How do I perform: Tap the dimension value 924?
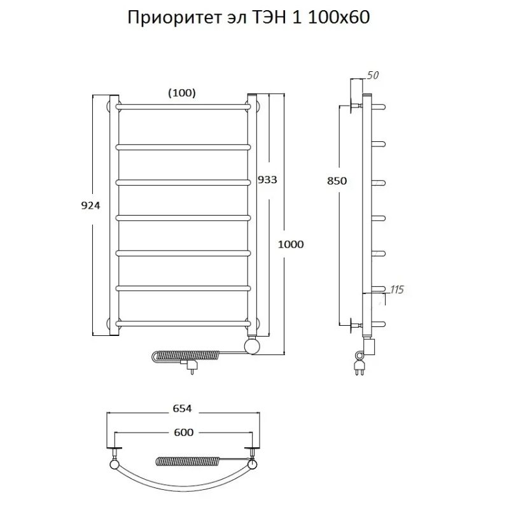tap(91, 205)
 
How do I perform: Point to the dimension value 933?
tap(267, 179)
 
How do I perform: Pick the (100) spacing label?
tap(181, 93)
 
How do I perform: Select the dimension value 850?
tap(337, 181)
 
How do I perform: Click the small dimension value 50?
tap(373, 76)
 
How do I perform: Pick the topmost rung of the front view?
tap(183, 105)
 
